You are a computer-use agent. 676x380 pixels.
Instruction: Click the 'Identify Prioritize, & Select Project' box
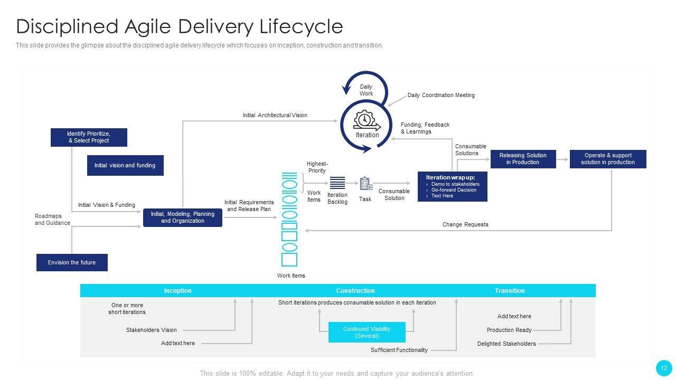tap(89, 137)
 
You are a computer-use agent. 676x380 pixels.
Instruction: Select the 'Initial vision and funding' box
tap(125, 165)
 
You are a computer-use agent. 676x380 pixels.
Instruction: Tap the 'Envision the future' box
tap(72, 262)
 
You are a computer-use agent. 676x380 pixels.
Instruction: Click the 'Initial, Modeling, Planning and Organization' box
tap(183, 217)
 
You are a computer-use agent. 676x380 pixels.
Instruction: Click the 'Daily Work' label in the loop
tap(366, 90)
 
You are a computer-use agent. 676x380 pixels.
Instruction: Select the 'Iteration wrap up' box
tap(452, 186)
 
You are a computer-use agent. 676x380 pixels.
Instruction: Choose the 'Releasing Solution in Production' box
tap(523, 159)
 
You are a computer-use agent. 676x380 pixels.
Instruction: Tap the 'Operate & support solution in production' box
tap(608, 159)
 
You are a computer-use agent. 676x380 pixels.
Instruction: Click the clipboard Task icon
tap(365, 184)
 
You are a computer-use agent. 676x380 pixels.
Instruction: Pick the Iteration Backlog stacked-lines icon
tap(337, 183)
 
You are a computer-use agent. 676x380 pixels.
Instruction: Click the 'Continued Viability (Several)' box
tap(367, 332)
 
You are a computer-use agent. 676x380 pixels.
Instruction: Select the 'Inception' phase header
tap(178, 291)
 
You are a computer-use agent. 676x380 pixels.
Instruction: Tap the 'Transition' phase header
tap(510, 291)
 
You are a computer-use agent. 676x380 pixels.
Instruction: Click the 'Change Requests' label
tap(465, 224)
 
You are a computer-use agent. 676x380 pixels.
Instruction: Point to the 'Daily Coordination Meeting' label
tap(441, 96)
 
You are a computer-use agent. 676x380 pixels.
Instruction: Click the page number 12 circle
tap(664, 368)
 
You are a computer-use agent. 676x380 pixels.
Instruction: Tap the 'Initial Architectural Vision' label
tap(275, 115)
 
